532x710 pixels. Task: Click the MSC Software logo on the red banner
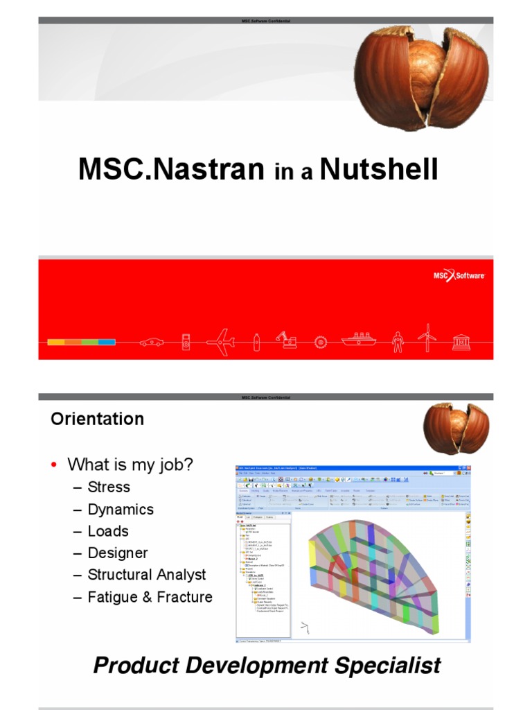click(x=459, y=277)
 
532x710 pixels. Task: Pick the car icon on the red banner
click(x=152, y=342)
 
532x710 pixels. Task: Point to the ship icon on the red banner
click(x=359, y=340)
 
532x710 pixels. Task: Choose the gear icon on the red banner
click(x=319, y=342)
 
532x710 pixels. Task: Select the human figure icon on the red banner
click(x=397, y=341)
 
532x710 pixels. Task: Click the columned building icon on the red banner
click(x=461, y=341)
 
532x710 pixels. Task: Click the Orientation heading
click(x=97, y=419)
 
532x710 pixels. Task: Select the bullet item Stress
click(x=109, y=487)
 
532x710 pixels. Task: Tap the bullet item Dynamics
click(x=121, y=509)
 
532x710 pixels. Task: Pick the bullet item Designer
click(x=118, y=553)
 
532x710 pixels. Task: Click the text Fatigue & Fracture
click(x=150, y=597)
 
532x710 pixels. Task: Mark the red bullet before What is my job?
click(x=54, y=465)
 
